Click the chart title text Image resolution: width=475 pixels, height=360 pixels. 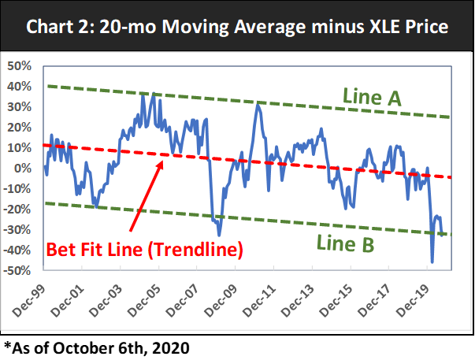coord(237,28)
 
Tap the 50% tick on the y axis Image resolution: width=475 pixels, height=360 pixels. coord(18,65)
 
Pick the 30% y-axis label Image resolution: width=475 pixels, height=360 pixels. coord(18,106)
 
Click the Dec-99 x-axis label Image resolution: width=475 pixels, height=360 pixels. coord(29,300)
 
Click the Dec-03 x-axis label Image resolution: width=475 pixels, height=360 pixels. coord(106,300)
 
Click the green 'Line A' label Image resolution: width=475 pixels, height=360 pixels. coord(373,98)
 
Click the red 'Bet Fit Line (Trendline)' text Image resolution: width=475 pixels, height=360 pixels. coord(145,249)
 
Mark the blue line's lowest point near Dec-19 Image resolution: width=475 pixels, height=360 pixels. coord(432,262)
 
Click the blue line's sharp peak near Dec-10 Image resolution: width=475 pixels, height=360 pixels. coord(257,103)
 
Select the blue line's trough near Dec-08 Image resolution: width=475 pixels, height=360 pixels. coord(219,235)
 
